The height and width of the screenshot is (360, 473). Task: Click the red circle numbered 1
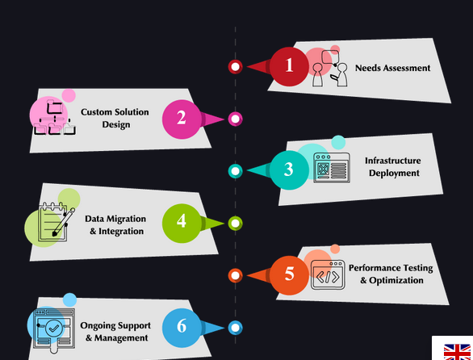pyautogui.click(x=289, y=66)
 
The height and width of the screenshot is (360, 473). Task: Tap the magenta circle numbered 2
pyautogui.click(x=182, y=119)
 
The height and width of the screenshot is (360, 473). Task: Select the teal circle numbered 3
pyautogui.click(x=289, y=170)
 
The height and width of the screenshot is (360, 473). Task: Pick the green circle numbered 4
pyautogui.click(x=182, y=224)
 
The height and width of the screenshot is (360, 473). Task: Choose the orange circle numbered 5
pyautogui.click(x=289, y=275)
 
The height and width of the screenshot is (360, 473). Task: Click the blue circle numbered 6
pyautogui.click(x=182, y=328)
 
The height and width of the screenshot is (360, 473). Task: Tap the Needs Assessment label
pyautogui.click(x=392, y=68)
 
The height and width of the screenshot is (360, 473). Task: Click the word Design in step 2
pyautogui.click(x=116, y=124)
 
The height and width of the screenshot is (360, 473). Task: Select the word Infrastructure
pyautogui.click(x=393, y=161)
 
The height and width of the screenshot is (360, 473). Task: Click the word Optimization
pyautogui.click(x=396, y=280)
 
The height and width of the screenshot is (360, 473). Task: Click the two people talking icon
pyautogui.click(x=329, y=69)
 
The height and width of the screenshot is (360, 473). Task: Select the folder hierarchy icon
pyautogui.click(x=55, y=117)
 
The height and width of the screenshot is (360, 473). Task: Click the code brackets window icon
pyautogui.click(x=328, y=275)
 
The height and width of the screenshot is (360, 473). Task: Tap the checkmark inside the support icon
pyautogui.click(x=54, y=328)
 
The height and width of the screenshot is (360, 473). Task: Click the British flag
pyautogui.click(x=457, y=352)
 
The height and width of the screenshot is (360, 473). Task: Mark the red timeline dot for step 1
pyautogui.click(x=236, y=67)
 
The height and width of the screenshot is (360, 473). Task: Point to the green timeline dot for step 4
pyautogui.click(x=236, y=224)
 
